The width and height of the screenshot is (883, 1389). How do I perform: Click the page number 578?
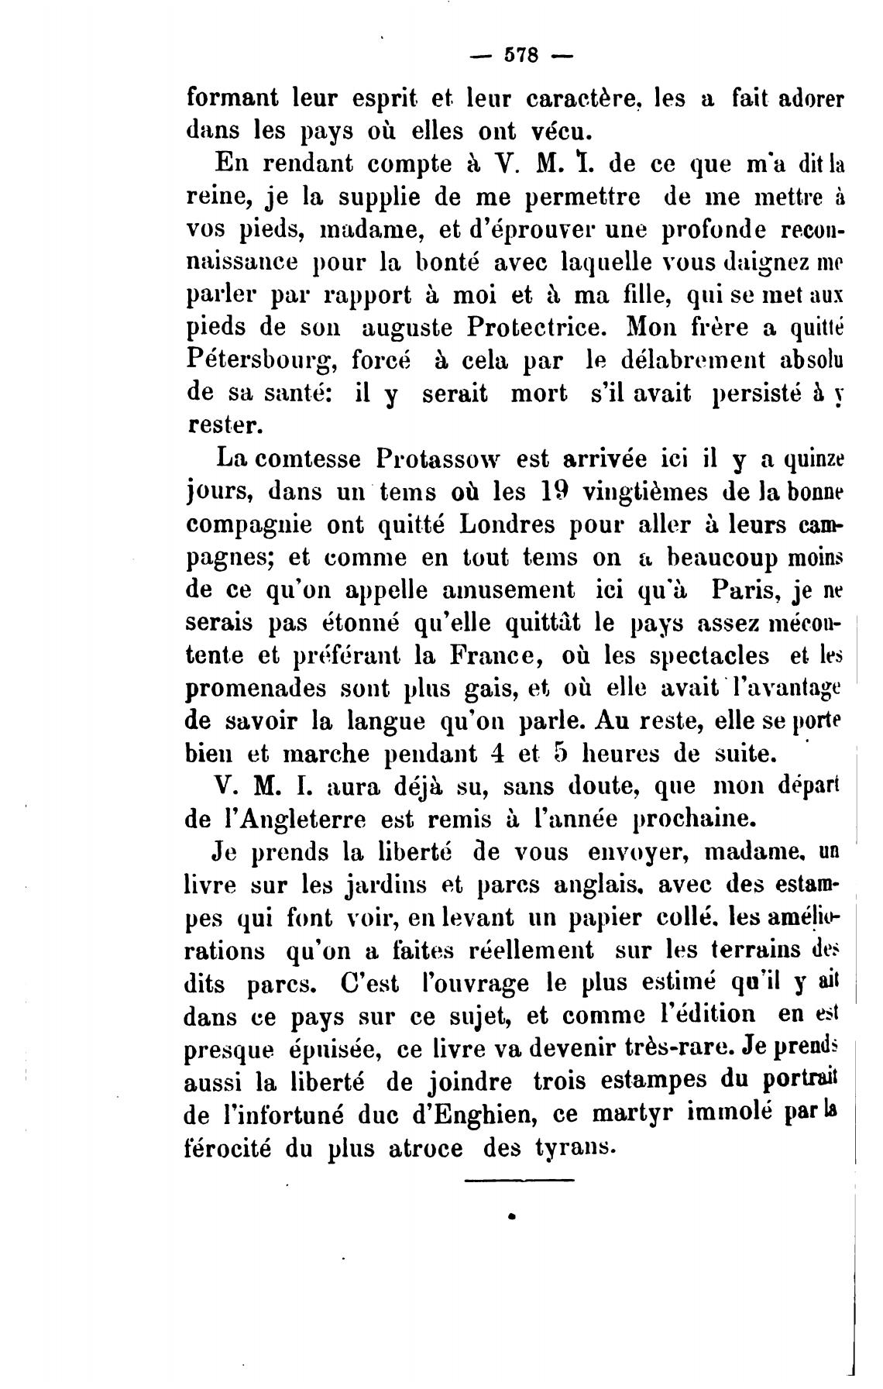pyautogui.click(x=521, y=56)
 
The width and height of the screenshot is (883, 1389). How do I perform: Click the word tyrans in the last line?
pyautogui.click(x=575, y=1147)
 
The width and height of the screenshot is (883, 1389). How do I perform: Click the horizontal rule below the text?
pyautogui.click(x=519, y=1181)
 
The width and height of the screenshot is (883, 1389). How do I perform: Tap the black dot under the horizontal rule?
pyautogui.click(x=512, y=1217)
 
